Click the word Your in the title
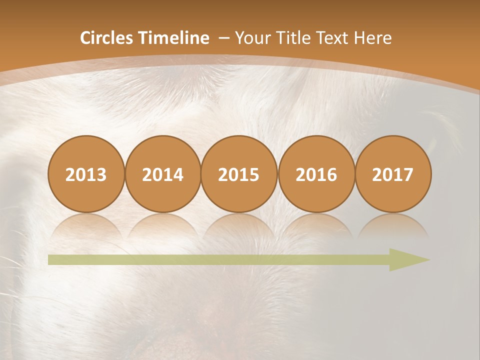point(251,38)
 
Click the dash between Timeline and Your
point(223,38)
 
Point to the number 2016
point(316,175)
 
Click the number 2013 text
point(86,175)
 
